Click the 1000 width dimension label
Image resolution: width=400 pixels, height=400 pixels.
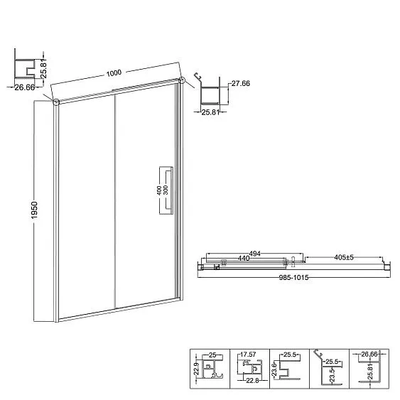tap(114, 73)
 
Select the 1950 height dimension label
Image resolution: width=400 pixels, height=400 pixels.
tap(34, 210)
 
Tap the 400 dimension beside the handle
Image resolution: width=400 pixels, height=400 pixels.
tap(159, 190)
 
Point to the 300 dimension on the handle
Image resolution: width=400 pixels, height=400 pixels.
tap(166, 190)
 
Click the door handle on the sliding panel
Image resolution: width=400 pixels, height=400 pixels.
tap(166, 190)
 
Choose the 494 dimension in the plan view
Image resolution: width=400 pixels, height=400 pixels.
tap(254, 254)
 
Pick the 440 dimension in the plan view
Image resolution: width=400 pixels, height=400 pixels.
tap(244, 258)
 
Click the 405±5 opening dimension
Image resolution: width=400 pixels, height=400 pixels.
tap(344, 257)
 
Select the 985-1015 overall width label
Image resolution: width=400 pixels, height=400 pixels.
tap(293, 277)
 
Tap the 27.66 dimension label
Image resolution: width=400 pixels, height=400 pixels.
tap(241, 83)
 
